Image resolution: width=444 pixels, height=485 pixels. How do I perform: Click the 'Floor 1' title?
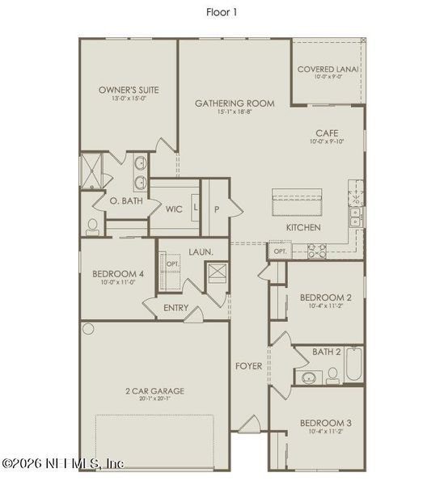[222, 12]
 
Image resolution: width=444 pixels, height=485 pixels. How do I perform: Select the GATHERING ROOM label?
[235, 103]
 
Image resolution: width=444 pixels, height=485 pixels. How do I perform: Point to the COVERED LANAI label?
[328, 70]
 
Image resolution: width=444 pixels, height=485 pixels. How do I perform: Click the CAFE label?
[327, 133]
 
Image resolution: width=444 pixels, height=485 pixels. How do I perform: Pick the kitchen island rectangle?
[297, 204]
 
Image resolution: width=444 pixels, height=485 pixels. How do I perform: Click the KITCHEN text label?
[303, 228]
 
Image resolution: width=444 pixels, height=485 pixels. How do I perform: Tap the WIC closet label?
[174, 209]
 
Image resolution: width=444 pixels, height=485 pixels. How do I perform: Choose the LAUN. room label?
[201, 252]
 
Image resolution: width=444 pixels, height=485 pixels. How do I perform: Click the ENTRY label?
[175, 307]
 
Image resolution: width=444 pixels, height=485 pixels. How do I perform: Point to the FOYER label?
[248, 366]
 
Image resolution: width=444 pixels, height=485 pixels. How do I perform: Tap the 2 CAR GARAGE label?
[154, 391]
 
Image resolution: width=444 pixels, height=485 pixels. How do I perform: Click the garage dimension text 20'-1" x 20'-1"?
[154, 399]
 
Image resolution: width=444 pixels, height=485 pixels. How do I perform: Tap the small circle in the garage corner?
[88, 330]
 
